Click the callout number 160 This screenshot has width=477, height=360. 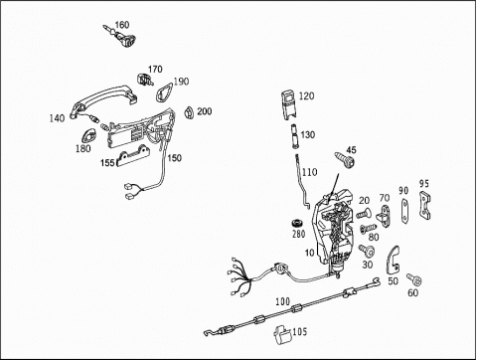[122, 25]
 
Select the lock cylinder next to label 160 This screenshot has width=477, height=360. [121, 36]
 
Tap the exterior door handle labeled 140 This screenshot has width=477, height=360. [103, 100]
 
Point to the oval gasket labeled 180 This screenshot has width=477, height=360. [88, 135]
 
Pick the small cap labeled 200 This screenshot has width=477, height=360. [189, 112]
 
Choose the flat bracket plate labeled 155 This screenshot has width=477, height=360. [133, 156]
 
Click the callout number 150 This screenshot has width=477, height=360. [174, 158]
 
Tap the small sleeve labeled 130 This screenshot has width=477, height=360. [294, 136]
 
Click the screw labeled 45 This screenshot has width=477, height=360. [345, 160]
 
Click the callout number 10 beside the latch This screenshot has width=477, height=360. [309, 253]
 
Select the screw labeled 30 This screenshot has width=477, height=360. [367, 251]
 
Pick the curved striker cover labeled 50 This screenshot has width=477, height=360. [394, 261]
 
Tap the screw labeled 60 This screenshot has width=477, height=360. [414, 278]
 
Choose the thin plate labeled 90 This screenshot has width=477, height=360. [404, 211]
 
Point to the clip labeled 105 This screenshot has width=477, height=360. [282, 334]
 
